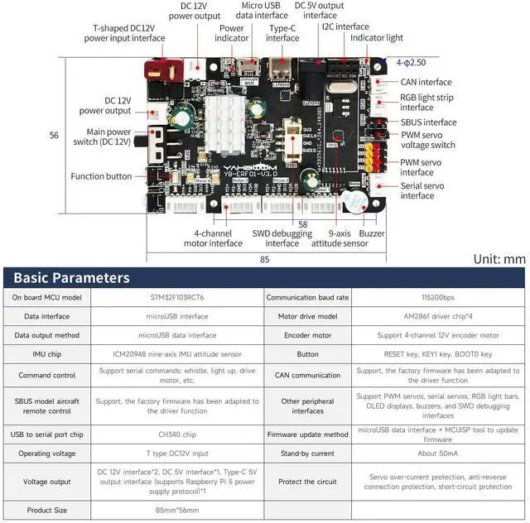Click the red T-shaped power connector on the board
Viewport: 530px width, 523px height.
[x=158, y=68]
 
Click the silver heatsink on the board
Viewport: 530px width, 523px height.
[x=224, y=123]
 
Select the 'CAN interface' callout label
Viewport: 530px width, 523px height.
[x=426, y=82]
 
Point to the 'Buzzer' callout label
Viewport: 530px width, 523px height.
[x=372, y=233]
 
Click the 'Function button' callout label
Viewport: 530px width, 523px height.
[x=101, y=176]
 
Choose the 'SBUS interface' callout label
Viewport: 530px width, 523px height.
[x=428, y=122]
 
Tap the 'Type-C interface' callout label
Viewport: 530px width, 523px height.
[x=282, y=32]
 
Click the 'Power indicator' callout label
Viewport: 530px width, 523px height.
[x=233, y=32]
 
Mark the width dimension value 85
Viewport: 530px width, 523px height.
[x=263, y=258]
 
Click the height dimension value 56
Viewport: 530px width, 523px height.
[x=55, y=135]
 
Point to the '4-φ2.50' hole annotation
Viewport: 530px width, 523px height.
[x=411, y=62]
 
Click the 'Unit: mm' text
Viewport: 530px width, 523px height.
[x=499, y=258]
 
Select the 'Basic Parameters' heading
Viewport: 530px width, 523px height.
[x=71, y=278]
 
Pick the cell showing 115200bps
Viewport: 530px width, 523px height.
[x=437, y=297]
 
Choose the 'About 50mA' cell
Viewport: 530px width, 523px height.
[x=437, y=453]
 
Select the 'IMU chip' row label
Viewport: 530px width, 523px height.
[x=46, y=354]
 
